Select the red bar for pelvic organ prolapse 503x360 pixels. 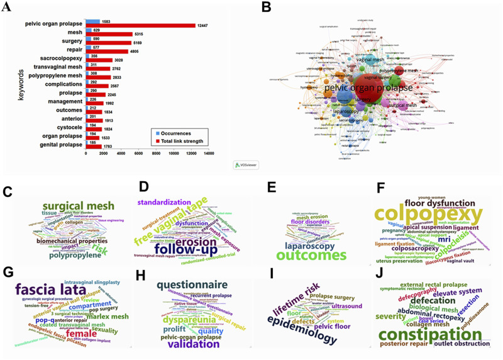pyautogui.click(x=141, y=26)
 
